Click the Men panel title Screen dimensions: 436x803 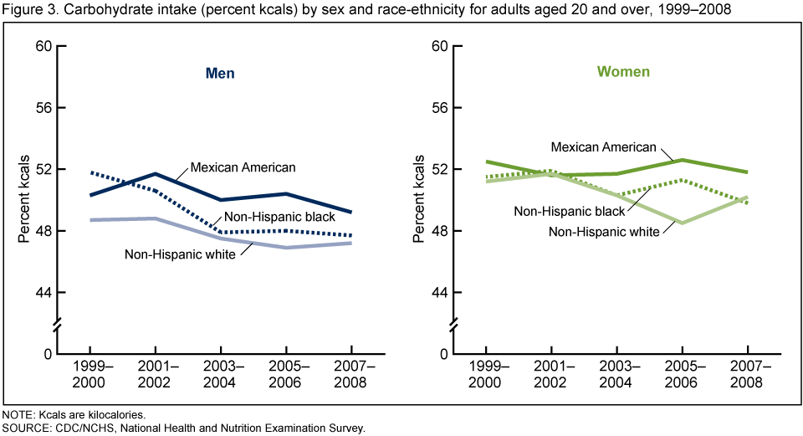(x=220, y=73)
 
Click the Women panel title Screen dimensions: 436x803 (x=622, y=72)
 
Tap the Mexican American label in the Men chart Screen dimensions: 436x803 (x=243, y=167)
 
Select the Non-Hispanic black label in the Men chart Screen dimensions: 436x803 (x=281, y=216)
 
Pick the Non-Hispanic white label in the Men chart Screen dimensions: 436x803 (x=179, y=254)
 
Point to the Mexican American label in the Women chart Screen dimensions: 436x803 (x=603, y=147)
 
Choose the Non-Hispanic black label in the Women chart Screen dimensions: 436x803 (x=570, y=211)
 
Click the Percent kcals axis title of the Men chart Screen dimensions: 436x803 (x=24, y=199)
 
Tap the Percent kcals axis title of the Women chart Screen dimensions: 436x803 (x=420, y=199)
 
